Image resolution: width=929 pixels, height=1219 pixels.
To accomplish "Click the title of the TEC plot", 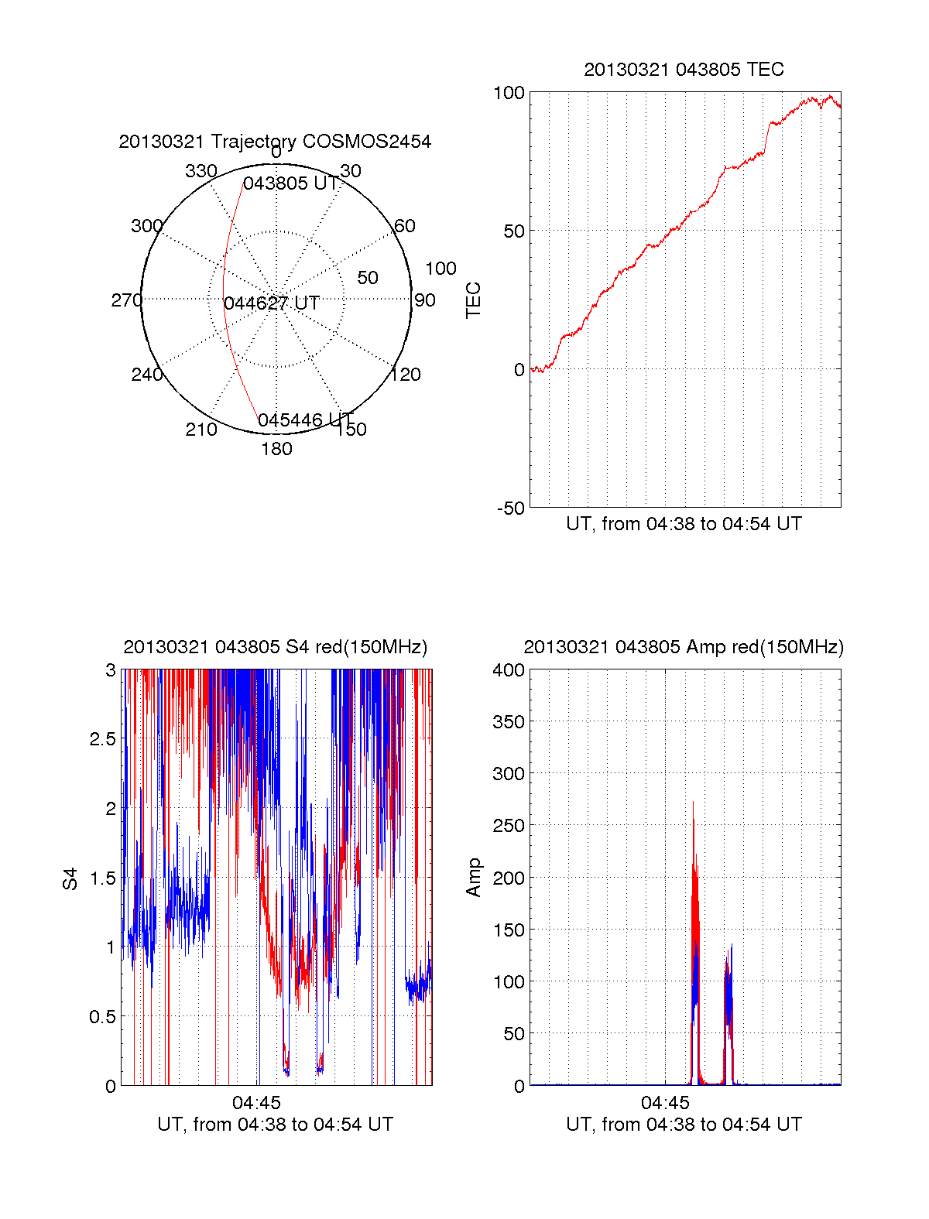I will click(x=684, y=70).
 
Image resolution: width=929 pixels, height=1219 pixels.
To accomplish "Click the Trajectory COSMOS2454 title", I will click(x=275, y=142).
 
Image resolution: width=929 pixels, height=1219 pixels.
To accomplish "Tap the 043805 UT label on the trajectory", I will click(x=291, y=183).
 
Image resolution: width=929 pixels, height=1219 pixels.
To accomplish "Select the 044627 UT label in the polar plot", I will click(x=272, y=303).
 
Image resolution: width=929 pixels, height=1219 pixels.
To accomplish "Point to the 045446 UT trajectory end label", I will click(x=306, y=420).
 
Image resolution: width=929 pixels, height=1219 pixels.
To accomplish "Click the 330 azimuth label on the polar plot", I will click(x=201, y=171).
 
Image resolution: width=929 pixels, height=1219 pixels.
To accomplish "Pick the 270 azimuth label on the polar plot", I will click(x=126, y=300).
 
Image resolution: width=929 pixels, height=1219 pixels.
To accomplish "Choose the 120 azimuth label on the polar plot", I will click(x=406, y=375).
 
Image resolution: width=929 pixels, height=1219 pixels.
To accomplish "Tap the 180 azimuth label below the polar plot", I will click(x=276, y=449).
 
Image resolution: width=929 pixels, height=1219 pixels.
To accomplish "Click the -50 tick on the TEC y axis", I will click(x=511, y=508).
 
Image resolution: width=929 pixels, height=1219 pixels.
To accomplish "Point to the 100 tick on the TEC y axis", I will click(x=509, y=93).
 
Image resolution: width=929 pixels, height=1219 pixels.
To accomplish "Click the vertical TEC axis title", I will click(x=473, y=300).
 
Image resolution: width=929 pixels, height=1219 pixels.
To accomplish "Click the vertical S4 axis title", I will click(x=70, y=878).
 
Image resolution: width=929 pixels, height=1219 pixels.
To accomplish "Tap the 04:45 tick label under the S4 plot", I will click(x=256, y=1103).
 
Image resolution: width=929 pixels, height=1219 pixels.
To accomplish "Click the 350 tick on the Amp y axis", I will click(x=509, y=722).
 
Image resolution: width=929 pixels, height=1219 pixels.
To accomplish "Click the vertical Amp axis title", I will click(x=473, y=878).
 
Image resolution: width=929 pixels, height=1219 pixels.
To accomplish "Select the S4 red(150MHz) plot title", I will click(x=275, y=647).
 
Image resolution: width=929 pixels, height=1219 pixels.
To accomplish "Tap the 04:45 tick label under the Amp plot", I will click(x=665, y=1103).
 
